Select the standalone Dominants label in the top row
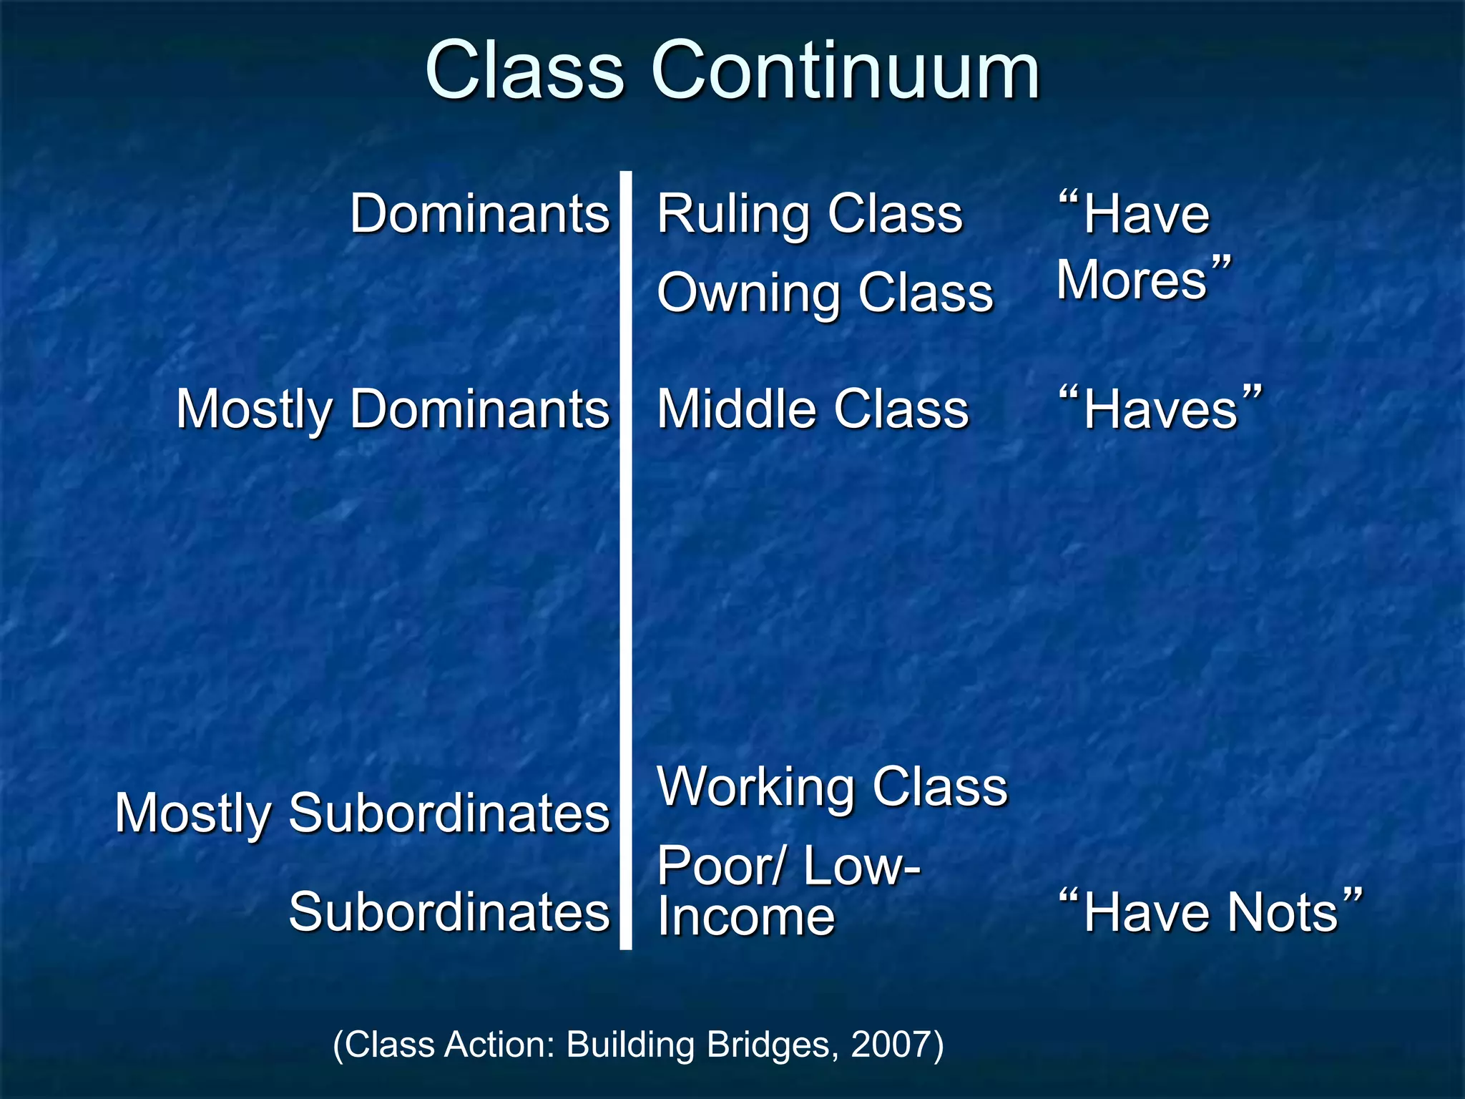pyautogui.click(x=479, y=214)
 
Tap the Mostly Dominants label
pyautogui.click(x=393, y=409)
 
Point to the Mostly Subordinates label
pyautogui.click(x=362, y=814)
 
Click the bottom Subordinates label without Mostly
pyautogui.click(x=449, y=912)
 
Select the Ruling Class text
pyautogui.click(x=810, y=214)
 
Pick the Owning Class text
pyautogui.click(x=825, y=293)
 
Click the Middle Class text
pyautogui.click(x=813, y=409)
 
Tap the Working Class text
pyautogui.click(x=832, y=786)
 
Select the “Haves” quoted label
pyautogui.click(x=1160, y=409)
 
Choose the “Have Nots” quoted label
pyautogui.click(x=1210, y=912)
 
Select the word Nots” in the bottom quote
pyautogui.click(x=1295, y=912)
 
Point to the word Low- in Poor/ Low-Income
pyautogui.click(x=861, y=866)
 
